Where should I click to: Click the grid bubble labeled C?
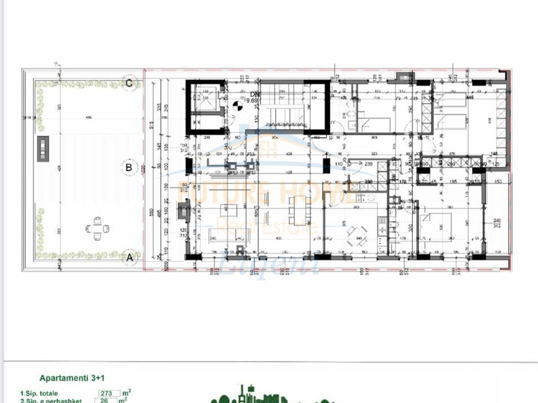coord(128,82)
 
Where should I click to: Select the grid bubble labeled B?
coord(128,168)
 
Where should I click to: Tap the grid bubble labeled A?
coord(128,258)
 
